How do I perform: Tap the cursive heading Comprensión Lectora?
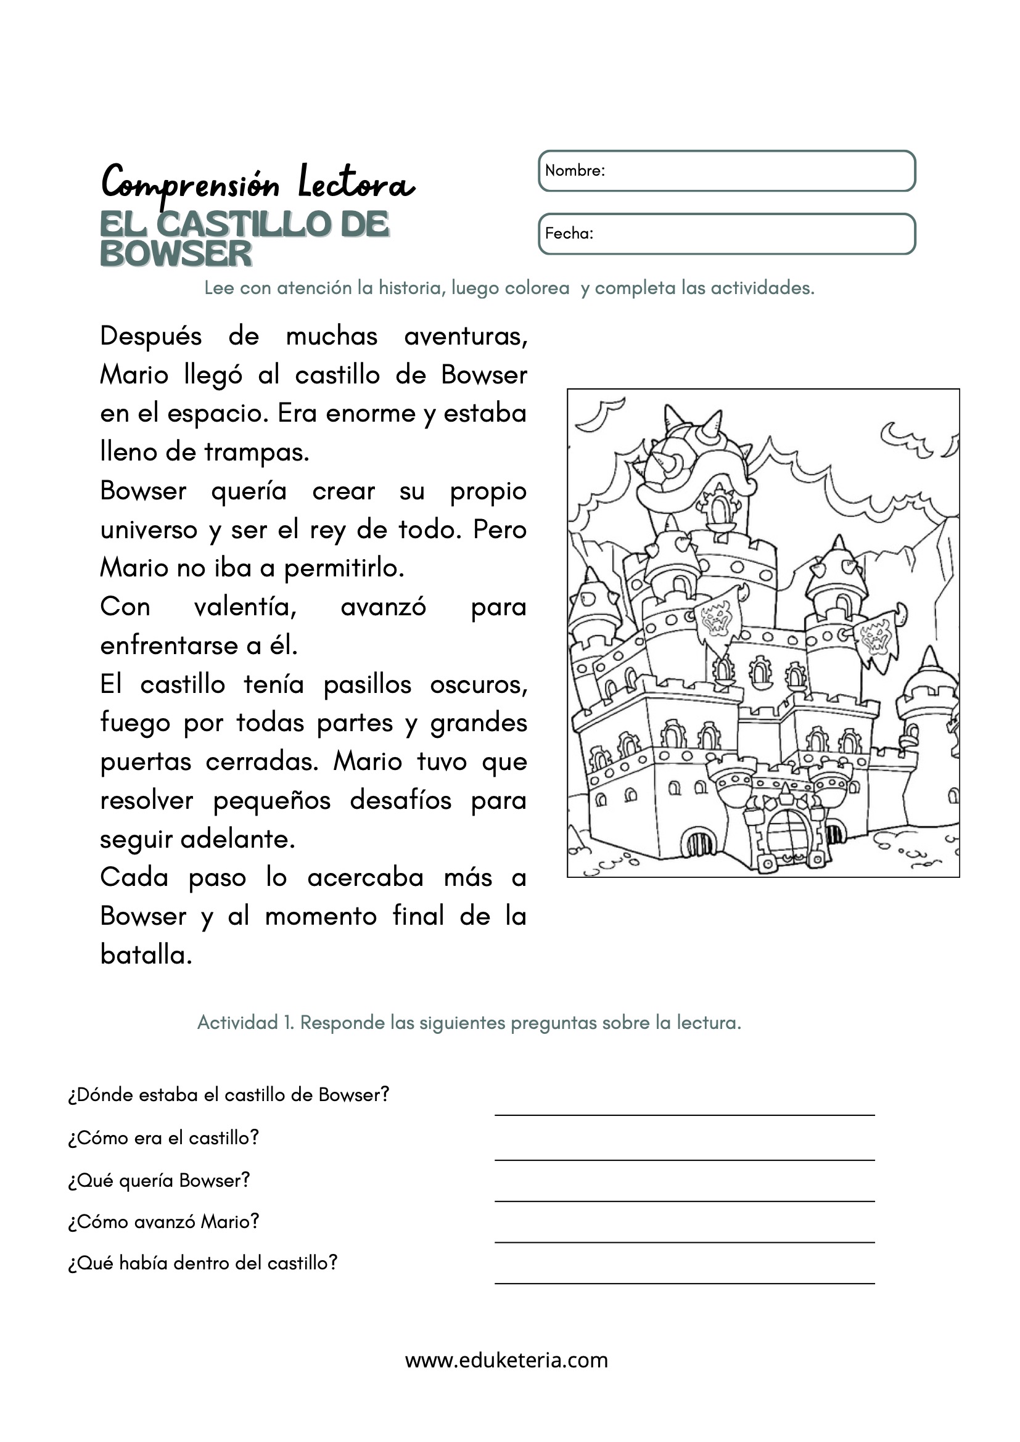tap(258, 182)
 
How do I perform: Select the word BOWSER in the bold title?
tap(176, 255)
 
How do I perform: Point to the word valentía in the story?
tap(245, 607)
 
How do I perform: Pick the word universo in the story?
tap(149, 530)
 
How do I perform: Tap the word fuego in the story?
tap(135, 724)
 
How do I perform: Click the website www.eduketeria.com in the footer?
tap(506, 1361)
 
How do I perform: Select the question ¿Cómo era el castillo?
tap(163, 1138)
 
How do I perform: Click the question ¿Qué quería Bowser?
tap(159, 1181)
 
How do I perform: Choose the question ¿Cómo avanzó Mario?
tap(163, 1221)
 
